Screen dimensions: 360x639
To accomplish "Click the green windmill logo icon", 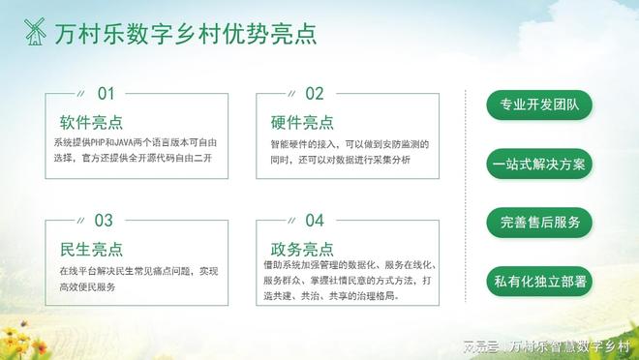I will coord(36,32).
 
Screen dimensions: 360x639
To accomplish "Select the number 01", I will coord(106,94).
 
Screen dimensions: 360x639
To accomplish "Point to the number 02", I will coord(315,94).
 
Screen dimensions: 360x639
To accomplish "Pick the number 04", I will coord(315,221).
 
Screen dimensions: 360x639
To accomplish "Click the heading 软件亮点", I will coord(91,123).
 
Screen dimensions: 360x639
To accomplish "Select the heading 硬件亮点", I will coord(303,123).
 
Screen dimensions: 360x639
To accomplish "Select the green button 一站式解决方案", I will coord(539,164).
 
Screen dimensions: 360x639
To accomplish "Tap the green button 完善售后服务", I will coord(539,222).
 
